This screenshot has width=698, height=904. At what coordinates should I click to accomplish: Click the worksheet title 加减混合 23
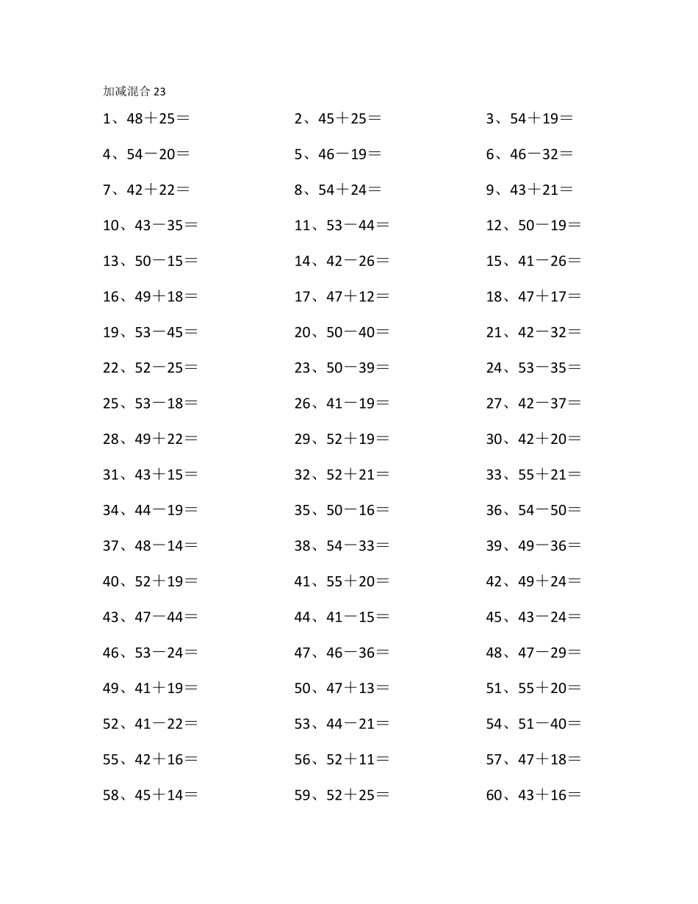tap(134, 92)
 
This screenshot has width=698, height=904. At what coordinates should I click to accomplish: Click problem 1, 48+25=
tap(146, 118)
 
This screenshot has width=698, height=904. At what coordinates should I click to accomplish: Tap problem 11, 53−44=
tap(342, 226)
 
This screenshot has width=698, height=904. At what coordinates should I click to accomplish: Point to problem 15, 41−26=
tap(533, 261)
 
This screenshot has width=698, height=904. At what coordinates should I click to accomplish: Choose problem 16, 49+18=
tap(151, 297)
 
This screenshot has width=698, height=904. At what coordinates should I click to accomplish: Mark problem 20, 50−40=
tap(342, 332)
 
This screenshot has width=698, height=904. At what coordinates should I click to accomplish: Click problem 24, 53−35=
tap(533, 368)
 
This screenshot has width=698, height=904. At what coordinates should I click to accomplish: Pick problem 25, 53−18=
tap(151, 403)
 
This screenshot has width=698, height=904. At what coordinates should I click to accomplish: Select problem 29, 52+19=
tap(342, 440)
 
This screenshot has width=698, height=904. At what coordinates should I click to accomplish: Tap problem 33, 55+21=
tap(533, 475)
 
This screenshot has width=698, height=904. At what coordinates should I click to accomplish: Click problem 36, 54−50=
tap(533, 511)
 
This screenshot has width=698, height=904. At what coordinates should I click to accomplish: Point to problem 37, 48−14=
tap(151, 546)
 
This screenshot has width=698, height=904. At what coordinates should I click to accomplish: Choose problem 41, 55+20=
tap(342, 582)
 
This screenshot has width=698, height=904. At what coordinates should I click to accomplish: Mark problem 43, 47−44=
tap(151, 617)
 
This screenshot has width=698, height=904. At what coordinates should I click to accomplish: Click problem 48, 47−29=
tap(533, 653)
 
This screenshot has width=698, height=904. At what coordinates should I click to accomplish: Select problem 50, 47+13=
tap(342, 689)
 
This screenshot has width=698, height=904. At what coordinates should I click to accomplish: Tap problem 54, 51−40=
tap(533, 725)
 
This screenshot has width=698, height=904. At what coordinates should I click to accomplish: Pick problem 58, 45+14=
tap(151, 795)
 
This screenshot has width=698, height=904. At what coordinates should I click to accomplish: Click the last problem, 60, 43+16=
tap(533, 795)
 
